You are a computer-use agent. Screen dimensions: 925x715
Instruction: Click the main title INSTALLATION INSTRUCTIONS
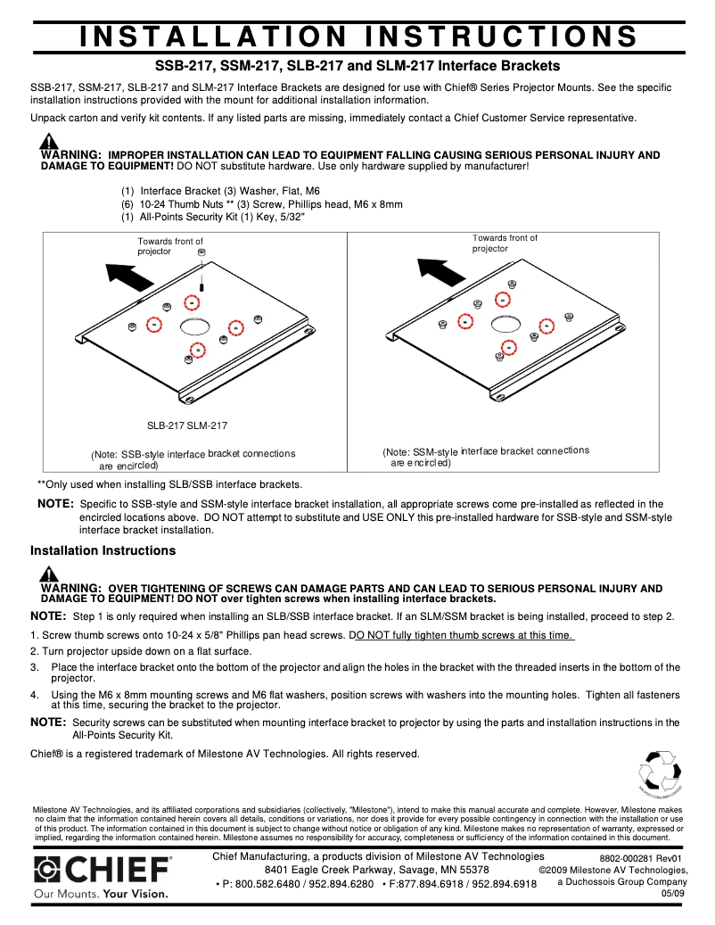(357, 37)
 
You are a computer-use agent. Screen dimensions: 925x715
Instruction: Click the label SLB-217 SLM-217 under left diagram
(187, 426)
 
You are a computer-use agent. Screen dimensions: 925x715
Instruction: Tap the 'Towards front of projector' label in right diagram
(505, 243)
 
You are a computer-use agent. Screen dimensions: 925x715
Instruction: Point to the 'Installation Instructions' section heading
(103, 550)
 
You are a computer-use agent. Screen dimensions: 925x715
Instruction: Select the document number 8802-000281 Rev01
(639, 858)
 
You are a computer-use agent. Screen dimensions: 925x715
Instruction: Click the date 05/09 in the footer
(673, 893)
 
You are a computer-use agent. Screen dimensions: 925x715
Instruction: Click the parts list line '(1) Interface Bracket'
(177, 191)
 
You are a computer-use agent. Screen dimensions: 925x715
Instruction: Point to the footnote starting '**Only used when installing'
(169, 484)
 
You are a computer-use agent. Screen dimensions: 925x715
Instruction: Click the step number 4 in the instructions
(35, 695)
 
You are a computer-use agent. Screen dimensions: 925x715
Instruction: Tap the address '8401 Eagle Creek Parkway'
(331, 870)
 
